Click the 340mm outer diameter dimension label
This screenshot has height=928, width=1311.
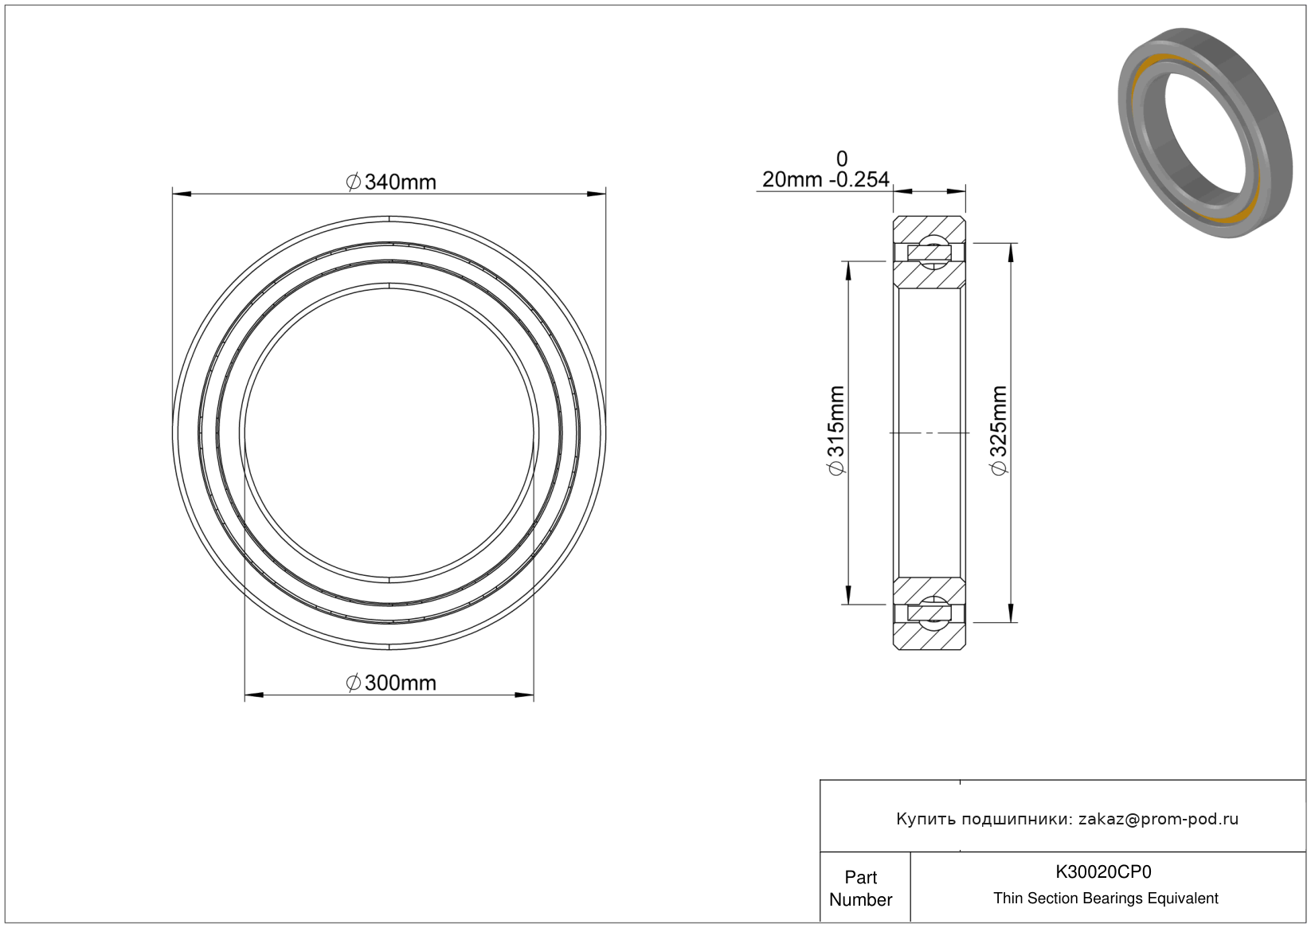[x=391, y=182]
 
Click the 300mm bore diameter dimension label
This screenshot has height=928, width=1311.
[x=391, y=683]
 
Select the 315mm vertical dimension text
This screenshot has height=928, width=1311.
[x=836, y=431]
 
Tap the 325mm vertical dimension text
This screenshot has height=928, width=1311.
[x=999, y=431]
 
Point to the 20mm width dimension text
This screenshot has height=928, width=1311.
[x=792, y=180]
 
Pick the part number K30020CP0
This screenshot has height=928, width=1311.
[x=1103, y=872]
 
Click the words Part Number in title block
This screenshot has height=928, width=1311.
[x=860, y=888]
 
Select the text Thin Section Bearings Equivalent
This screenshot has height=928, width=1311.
[x=1106, y=899]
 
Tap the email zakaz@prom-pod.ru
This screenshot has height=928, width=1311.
[x=1158, y=819]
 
